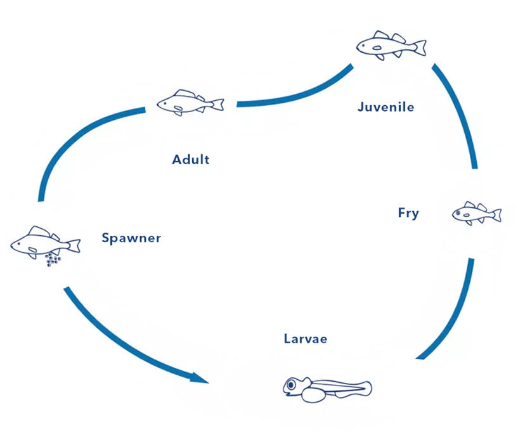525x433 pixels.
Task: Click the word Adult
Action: (x=190, y=159)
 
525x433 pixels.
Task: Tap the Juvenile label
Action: (x=385, y=107)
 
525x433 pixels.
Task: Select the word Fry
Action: (x=408, y=213)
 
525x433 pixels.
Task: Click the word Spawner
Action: (x=131, y=238)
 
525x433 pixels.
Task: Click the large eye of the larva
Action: (x=292, y=385)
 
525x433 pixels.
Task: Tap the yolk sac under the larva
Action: (x=313, y=394)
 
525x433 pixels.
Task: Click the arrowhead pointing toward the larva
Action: (x=200, y=379)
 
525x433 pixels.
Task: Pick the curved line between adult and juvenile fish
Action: (x=298, y=94)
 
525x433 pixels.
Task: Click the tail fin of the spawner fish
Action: (x=74, y=244)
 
